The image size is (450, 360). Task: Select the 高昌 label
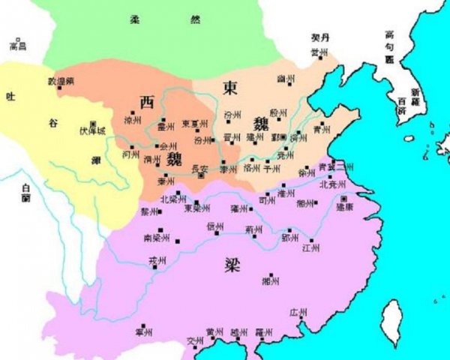pyautogui.click(x=17, y=46)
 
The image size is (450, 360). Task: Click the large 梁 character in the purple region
pyautogui.click(x=233, y=263)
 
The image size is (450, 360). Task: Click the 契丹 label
pyautogui.click(x=320, y=37)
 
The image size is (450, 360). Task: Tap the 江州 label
pyautogui.click(x=310, y=247)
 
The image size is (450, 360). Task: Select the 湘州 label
pyautogui.click(x=271, y=281)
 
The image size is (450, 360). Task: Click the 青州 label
pyautogui.click(x=322, y=129)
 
